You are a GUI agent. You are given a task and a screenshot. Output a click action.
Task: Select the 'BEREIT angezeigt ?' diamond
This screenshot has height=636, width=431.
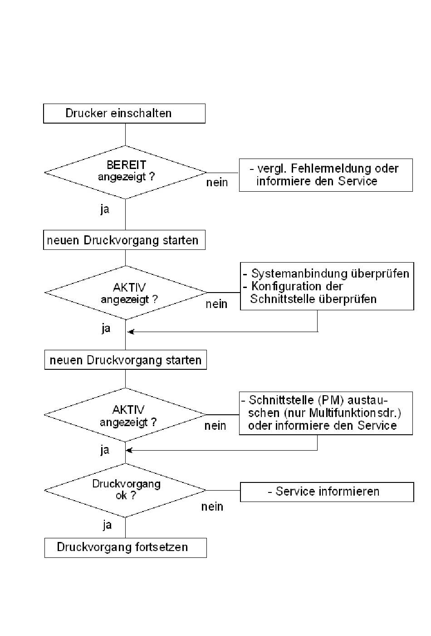coord(125,172)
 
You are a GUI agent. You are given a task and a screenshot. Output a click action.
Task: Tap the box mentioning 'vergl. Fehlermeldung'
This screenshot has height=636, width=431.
coord(326,175)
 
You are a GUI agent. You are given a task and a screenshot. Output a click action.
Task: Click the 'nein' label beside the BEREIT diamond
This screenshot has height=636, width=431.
coord(217,182)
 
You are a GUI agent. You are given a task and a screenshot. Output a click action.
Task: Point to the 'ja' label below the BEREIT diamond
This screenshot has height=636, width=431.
coord(105,209)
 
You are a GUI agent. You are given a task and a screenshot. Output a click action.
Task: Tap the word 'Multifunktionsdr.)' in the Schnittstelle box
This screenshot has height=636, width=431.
coord(355,413)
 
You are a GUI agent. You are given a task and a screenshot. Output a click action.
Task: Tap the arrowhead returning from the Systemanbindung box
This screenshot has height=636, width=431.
coord(131,331)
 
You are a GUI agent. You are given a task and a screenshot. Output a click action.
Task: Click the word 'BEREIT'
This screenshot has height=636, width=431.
coord(127,164)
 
